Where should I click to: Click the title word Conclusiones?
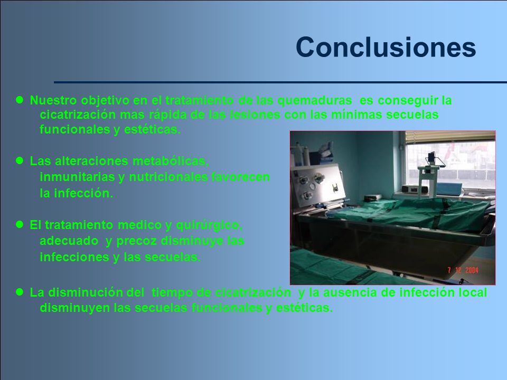[x=386, y=47]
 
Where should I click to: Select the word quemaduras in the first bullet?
[x=315, y=101]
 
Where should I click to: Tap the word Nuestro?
[x=53, y=100]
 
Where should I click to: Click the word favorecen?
[x=241, y=177]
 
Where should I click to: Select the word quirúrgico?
[x=209, y=225]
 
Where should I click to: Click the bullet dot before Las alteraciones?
[x=20, y=160]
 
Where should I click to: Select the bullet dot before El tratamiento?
[x=20, y=225]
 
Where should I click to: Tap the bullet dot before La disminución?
[x=20, y=292]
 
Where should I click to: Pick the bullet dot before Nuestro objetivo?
[x=20, y=100]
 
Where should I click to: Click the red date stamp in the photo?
[x=463, y=270]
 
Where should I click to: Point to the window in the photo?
[x=450, y=165]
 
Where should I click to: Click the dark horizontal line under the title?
[x=280, y=82]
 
